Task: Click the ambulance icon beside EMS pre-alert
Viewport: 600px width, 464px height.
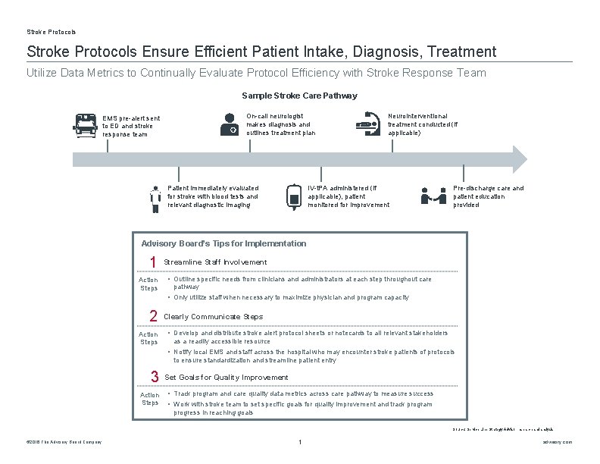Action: pyautogui.click(x=86, y=124)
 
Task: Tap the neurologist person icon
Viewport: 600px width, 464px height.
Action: pyautogui.click(x=227, y=123)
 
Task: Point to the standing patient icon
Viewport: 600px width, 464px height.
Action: pyautogui.click(x=155, y=196)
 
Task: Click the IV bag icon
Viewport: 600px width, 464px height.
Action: pyautogui.click(x=295, y=196)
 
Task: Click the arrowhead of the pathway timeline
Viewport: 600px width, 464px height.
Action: pyautogui.click(x=518, y=158)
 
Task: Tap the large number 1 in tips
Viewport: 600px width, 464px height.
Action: pyautogui.click(x=153, y=262)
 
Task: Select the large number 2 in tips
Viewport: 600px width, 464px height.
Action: pyautogui.click(x=153, y=316)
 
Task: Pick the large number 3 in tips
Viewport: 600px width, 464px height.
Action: pyautogui.click(x=154, y=377)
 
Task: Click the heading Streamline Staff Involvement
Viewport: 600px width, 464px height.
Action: pyautogui.click(x=215, y=262)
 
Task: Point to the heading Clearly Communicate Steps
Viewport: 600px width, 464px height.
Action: pyautogui.click(x=214, y=317)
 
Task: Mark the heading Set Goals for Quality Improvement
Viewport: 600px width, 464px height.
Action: pyautogui.click(x=227, y=378)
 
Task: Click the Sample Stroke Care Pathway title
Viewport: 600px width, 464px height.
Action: pyautogui.click(x=299, y=96)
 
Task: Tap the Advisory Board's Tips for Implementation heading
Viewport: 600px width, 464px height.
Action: pyautogui.click(x=224, y=243)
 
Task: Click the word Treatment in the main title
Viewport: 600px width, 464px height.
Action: pyautogui.click(x=461, y=52)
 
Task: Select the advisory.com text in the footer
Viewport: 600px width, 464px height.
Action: pyautogui.click(x=559, y=442)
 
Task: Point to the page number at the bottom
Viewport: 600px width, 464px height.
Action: pyautogui.click(x=301, y=442)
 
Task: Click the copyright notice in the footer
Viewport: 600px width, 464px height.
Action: pyautogui.click(x=64, y=442)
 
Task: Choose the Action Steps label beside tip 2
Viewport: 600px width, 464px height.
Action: pyautogui.click(x=148, y=338)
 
